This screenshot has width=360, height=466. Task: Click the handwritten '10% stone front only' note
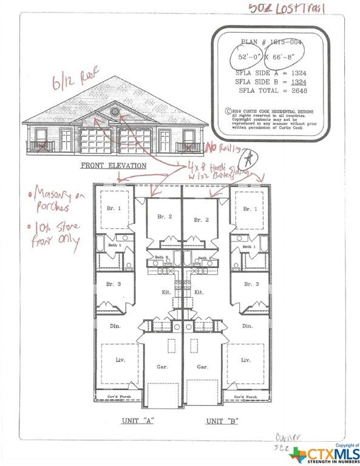55,236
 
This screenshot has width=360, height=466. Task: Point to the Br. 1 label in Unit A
115,208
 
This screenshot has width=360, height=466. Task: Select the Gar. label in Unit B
203,366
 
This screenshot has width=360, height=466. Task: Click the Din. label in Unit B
247,326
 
